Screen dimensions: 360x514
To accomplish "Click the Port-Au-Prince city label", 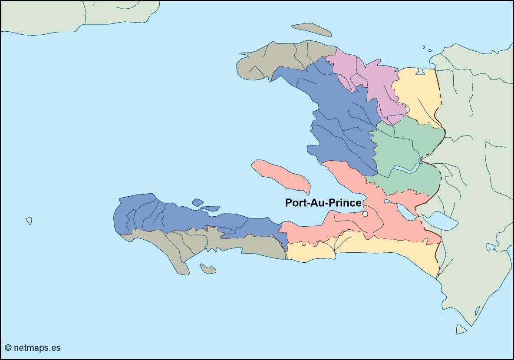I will [x=323, y=203].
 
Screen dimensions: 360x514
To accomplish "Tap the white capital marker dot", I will [x=365, y=214].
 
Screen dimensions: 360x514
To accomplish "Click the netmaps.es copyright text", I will [x=33, y=348].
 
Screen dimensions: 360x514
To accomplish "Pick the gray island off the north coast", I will [x=311, y=29].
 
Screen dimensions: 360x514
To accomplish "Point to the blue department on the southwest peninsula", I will [x=174, y=215].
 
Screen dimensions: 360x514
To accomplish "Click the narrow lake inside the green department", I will [x=406, y=168].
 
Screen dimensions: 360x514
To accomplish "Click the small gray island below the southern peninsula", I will [x=208, y=269].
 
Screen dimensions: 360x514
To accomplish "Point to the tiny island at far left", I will [x=29, y=221].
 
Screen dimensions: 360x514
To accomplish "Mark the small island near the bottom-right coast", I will [x=461, y=330].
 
